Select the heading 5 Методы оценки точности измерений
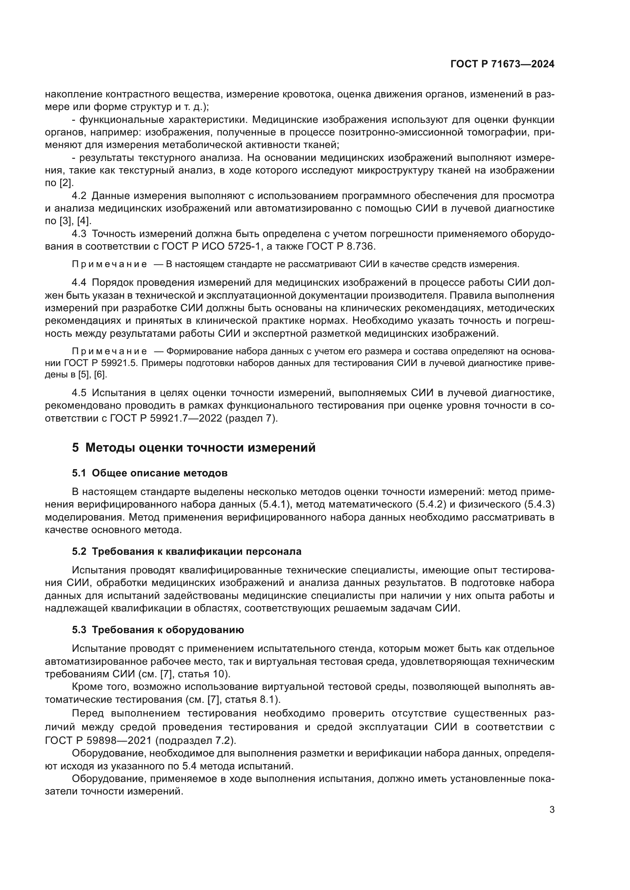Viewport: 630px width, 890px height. click(193, 448)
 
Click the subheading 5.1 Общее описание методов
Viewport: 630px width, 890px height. click(150, 473)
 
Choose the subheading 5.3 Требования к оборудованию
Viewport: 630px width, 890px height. click(158, 630)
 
